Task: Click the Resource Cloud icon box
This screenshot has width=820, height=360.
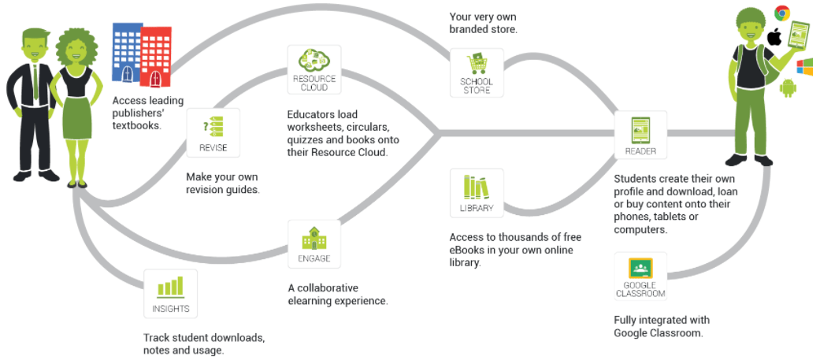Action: pos(314,70)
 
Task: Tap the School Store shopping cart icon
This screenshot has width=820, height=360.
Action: pos(477,65)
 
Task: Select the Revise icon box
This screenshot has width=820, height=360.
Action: pos(213,132)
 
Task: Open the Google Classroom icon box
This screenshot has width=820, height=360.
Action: pos(640,269)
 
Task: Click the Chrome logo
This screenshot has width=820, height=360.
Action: pos(781,13)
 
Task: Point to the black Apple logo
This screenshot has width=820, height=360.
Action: pos(774,36)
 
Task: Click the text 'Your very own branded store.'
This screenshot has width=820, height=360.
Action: pos(482,23)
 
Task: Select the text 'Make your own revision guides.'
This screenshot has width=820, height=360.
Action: pos(222,183)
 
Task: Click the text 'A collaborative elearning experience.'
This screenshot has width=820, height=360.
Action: pos(338,294)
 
